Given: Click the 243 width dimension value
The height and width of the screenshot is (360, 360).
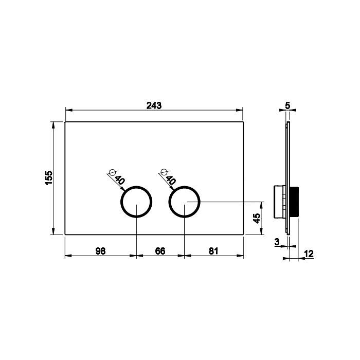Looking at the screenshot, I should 154,105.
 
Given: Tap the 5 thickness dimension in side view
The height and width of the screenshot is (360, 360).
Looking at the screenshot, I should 287,105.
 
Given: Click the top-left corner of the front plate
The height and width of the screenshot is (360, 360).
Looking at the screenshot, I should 65,122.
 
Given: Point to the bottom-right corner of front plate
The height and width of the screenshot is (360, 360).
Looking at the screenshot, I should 243,235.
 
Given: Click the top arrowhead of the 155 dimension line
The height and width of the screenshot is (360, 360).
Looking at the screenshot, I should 53,123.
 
